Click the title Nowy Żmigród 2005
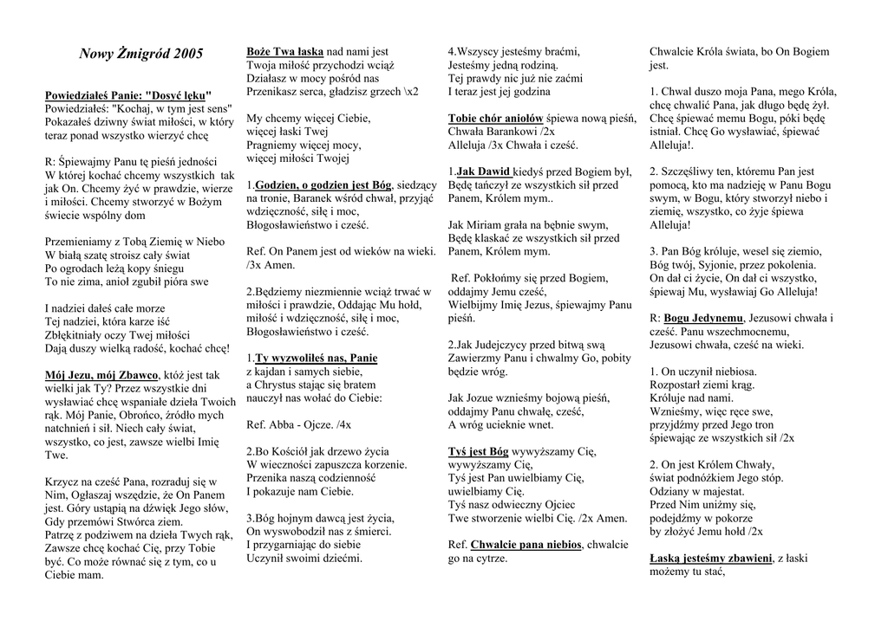coord(140,55)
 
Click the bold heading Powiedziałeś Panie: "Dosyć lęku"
coord(127,94)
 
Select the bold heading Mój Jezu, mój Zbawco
coord(101,375)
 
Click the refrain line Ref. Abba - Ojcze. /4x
coord(299,424)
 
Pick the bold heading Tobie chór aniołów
coord(495,118)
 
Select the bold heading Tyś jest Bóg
coord(478,451)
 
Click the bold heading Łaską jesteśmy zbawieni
coord(710,558)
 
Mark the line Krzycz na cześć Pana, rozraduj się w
coord(130,482)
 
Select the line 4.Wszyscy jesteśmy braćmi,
coord(513,52)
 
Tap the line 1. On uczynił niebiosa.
coord(703,372)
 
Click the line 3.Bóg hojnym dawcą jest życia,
coord(320,518)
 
